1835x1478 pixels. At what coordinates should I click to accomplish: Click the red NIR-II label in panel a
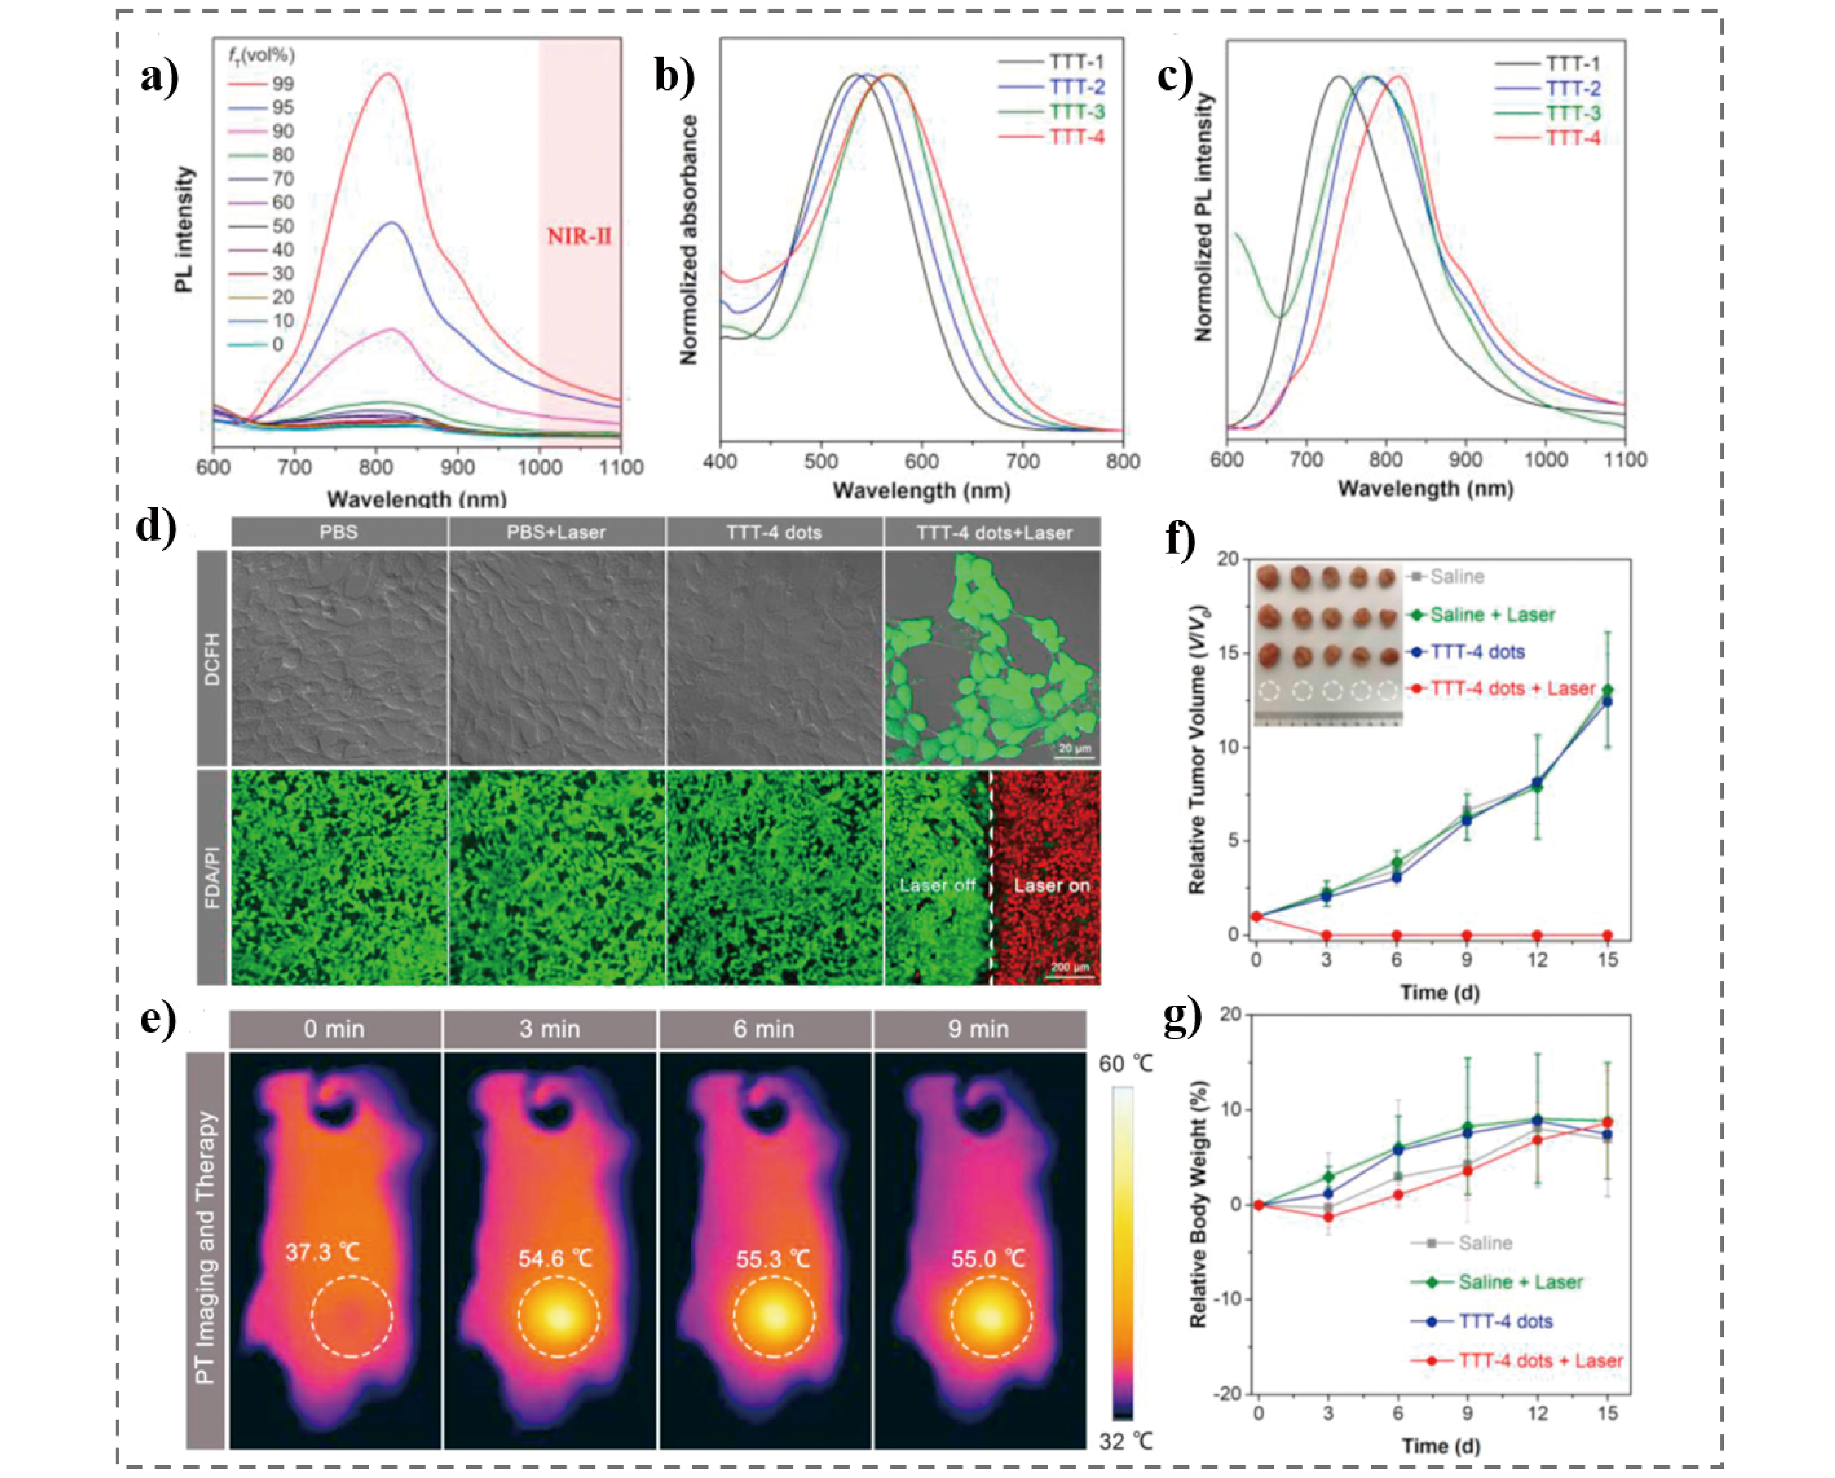coord(579,236)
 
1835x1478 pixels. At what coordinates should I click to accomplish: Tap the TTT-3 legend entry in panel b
coord(1077,111)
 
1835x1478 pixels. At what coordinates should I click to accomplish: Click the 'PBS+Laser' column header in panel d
coord(556,532)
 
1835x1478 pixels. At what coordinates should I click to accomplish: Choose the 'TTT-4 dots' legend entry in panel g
coord(1506,1321)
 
